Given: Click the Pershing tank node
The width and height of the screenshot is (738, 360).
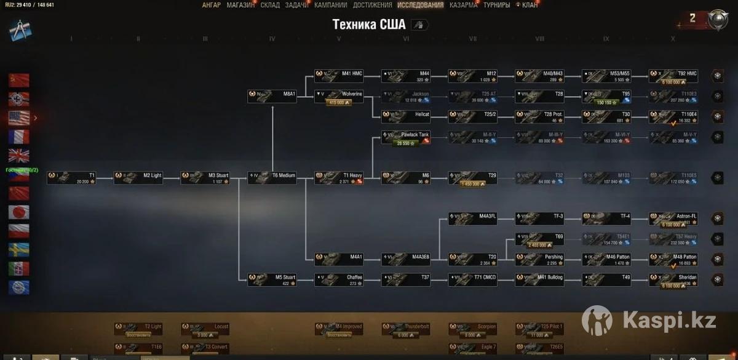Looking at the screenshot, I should pyautogui.click(x=539, y=259).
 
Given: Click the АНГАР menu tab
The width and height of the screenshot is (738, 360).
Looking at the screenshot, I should pyautogui.click(x=211, y=5).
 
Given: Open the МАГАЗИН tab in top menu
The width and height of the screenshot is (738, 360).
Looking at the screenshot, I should pyautogui.click(x=240, y=5).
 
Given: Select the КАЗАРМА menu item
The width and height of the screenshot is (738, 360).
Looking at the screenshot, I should pyautogui.click(x=463, y=5).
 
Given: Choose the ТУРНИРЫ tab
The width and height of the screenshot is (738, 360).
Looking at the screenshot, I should pyautogui.click(x=496, y=5).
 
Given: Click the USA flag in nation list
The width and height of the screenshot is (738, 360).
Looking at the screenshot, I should pyautogui.click(x=18, y=118).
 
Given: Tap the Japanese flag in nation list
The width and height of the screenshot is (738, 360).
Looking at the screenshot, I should pyautogui.click(x=18, y=212).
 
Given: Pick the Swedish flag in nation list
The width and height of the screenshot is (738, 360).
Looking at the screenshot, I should pyautogui.click(x=18, y=249).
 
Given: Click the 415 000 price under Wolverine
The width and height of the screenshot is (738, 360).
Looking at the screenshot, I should pyautogui.click(x=339, y=102).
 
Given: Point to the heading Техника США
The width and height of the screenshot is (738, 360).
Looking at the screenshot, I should pyautogui.click(x=369, y=25).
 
